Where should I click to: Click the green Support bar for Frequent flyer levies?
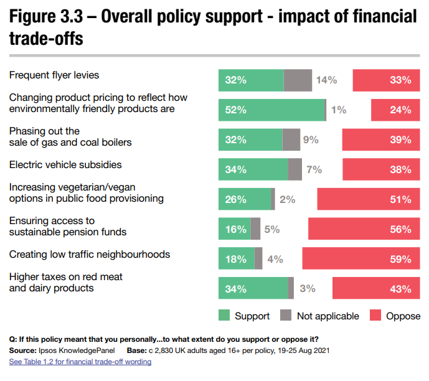(x=250, y=80)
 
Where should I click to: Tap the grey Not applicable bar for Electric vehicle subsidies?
(x=295, y=169)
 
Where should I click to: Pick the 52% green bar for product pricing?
(x=271, y=110)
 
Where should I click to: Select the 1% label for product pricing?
(x=338, y=110)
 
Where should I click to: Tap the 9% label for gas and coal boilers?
(x=311, y=140)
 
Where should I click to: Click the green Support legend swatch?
(x=224, y=315)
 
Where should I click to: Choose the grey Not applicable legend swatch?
(x=286, y=315)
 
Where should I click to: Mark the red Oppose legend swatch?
(x=375, y=315)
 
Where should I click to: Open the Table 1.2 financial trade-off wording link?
(x=80, y=362)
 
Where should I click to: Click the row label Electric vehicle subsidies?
(x=65, y=165)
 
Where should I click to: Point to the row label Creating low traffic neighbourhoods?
(x=90, y=255)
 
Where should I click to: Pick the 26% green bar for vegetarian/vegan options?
(x=245, y=199)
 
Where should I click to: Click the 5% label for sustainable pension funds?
(x=271, y=229)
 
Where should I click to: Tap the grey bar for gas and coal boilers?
(x=291, y=140)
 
